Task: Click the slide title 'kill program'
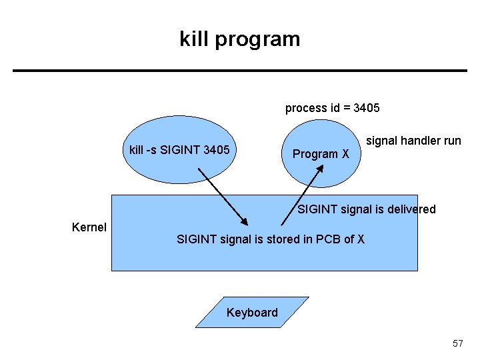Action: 240,39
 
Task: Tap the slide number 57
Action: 457,343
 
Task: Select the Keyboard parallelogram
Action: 252,313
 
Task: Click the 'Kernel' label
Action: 89,227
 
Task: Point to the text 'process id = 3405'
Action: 333,108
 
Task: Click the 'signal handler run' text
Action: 413,141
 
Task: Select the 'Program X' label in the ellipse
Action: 321,154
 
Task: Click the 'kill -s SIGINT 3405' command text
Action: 179,150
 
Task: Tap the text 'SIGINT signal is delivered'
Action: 366,209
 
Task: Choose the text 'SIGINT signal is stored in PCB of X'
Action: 270,239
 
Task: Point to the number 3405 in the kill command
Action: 216,150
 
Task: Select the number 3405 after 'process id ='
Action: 367,108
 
